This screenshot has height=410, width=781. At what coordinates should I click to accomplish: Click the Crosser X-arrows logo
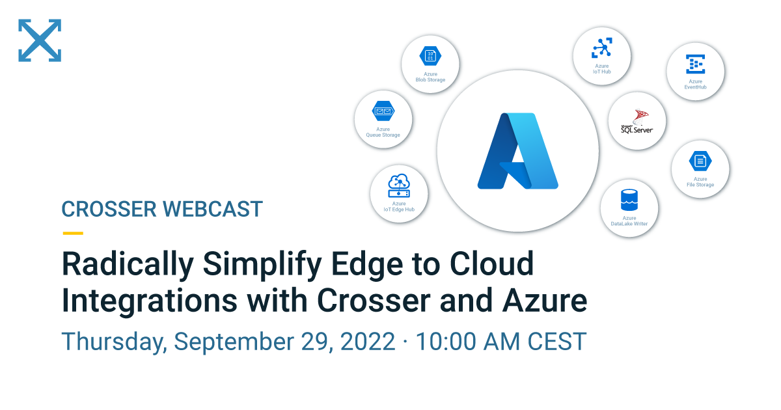pyautogui.click(x=40, y=40)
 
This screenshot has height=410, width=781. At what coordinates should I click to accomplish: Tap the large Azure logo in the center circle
pyautogui.click(x=517, y=151)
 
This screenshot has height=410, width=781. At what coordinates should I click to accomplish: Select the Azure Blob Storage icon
pyautogui.click(x=430, y=56)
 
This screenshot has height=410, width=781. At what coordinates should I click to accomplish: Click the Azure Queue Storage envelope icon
pyautogui.click(x=383, y=111)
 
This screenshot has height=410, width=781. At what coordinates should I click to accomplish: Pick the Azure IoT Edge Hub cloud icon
pyautogui.click(x=399, y=185)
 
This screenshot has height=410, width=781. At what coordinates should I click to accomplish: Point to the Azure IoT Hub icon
pyautogui.click(x=601, y=48)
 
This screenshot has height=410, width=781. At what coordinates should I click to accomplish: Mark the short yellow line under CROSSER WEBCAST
pyautogui.click(x=72, y=232)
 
